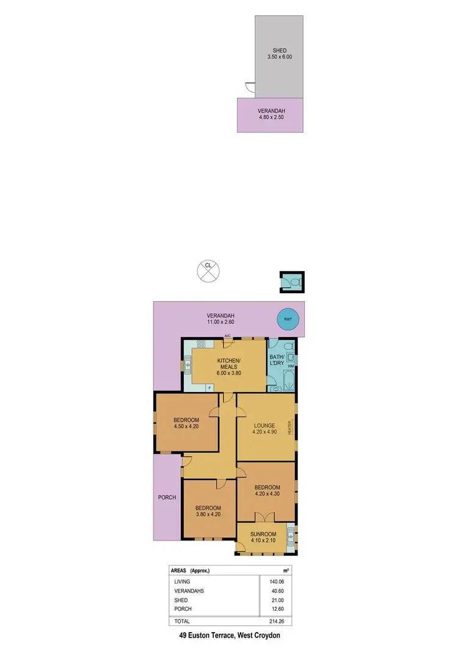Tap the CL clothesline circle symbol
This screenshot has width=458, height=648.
click(x=208, y=269)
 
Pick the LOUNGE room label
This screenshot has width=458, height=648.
click(x=264, y=425)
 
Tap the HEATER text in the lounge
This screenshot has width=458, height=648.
click(x=291, y=428)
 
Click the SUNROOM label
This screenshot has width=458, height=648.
click(x=264, y=533)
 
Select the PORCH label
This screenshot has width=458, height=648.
click(x=167, y=497)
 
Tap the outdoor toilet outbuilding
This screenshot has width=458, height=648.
click(x=291, y=282)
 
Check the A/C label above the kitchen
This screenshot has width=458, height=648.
click(x=227, y=336)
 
